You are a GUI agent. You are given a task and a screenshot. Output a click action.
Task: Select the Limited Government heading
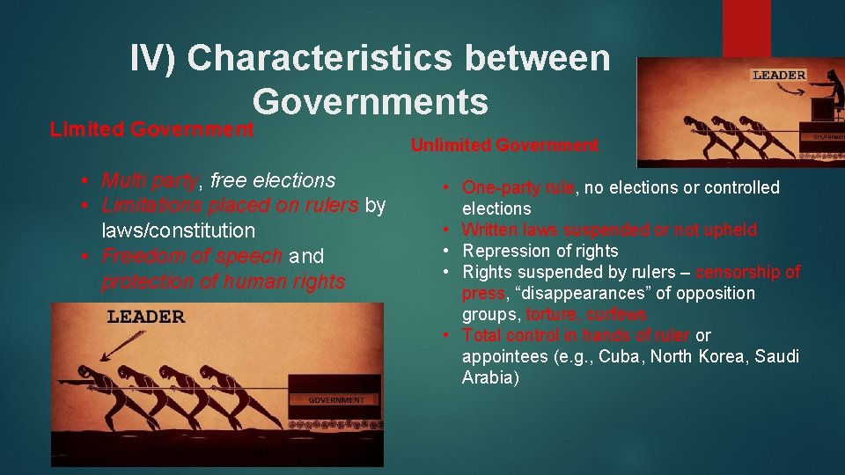pos(151,130)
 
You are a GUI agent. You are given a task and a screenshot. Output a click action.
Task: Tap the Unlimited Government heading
pos(504,145)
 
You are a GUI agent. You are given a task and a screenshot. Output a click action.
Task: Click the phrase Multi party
pos(149,180)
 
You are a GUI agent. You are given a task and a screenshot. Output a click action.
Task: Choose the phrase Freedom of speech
pos(192,257)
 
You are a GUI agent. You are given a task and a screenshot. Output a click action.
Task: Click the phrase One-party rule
pos(518,187)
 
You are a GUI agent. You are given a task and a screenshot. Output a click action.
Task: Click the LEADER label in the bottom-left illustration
pos(145,318)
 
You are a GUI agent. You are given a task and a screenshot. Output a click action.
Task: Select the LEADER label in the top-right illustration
pos(778,76)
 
